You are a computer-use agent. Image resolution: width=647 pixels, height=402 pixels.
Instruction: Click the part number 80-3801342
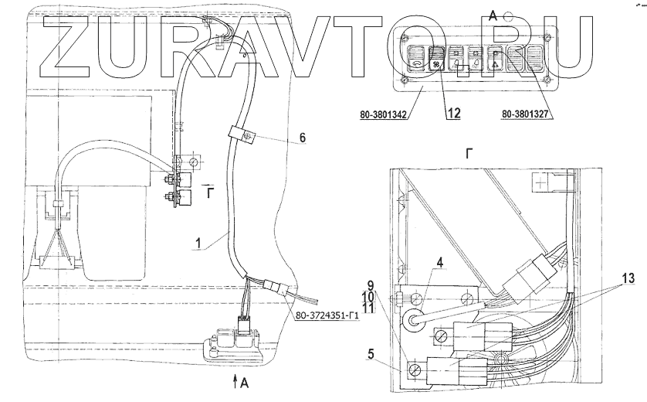(x=384, y=116)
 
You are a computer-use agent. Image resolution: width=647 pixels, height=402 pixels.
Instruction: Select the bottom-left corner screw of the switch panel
(x=403, y=80)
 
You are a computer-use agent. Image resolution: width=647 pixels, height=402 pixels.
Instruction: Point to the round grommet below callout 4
(x=415, y=318)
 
